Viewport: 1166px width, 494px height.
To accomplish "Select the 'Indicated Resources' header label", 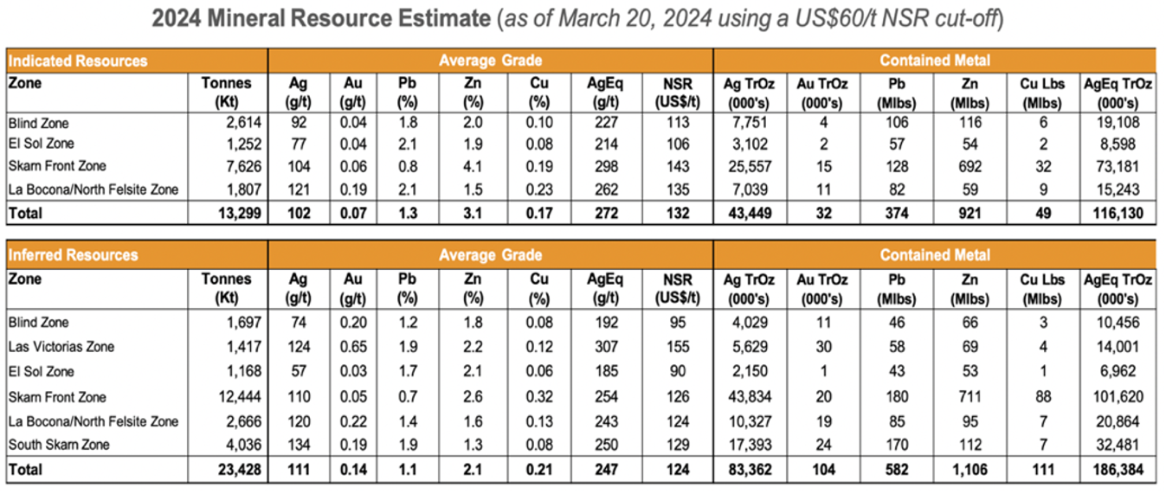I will tap(78, 61).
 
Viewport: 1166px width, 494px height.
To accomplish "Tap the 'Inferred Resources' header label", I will tap(73, 255).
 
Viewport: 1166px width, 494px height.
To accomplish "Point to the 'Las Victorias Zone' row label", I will tap(61, 347).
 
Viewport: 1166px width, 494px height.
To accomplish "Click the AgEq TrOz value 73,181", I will tap(1121, 165).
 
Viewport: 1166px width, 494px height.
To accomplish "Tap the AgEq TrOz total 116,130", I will tap(1118, 212).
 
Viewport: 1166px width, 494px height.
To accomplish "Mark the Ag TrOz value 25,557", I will tap(752, 165).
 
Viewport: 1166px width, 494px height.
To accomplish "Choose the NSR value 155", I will tap(677, 347).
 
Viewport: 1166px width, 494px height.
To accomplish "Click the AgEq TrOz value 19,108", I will tap(1121, 123).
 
